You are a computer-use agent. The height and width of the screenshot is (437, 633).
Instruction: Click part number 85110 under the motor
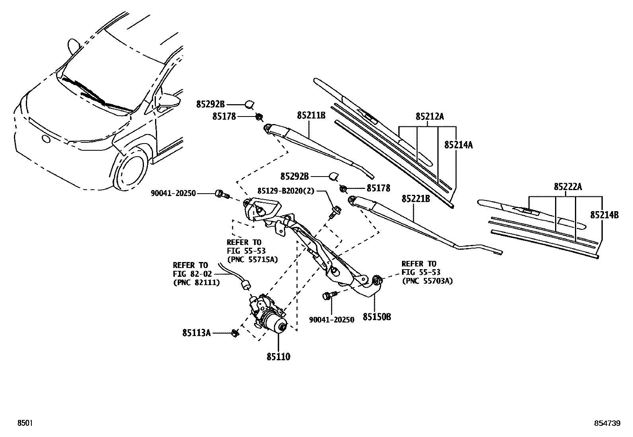[278, 357]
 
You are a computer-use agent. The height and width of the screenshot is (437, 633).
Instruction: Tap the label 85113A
[196, 333]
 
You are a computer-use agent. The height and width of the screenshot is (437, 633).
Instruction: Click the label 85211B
[311, 116]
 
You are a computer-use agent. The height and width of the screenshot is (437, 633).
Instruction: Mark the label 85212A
[429, 117]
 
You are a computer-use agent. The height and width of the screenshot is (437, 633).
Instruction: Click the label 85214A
[458, 145]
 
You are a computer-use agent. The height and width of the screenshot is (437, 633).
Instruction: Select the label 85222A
[568, 187]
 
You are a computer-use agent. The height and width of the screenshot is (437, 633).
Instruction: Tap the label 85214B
[604, 215]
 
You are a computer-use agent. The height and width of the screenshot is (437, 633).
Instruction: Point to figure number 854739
[607, 424]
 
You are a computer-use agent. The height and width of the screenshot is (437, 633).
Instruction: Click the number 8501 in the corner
[24, 424]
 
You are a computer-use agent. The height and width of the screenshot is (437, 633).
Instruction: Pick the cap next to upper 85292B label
[250, 105]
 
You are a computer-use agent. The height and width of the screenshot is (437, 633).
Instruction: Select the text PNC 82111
[196, 282]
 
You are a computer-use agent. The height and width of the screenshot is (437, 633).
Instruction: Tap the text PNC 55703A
[427, 281]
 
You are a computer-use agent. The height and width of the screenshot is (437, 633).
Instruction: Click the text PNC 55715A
[252, 259]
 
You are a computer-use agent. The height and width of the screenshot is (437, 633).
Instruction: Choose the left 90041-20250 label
[173, 193]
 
